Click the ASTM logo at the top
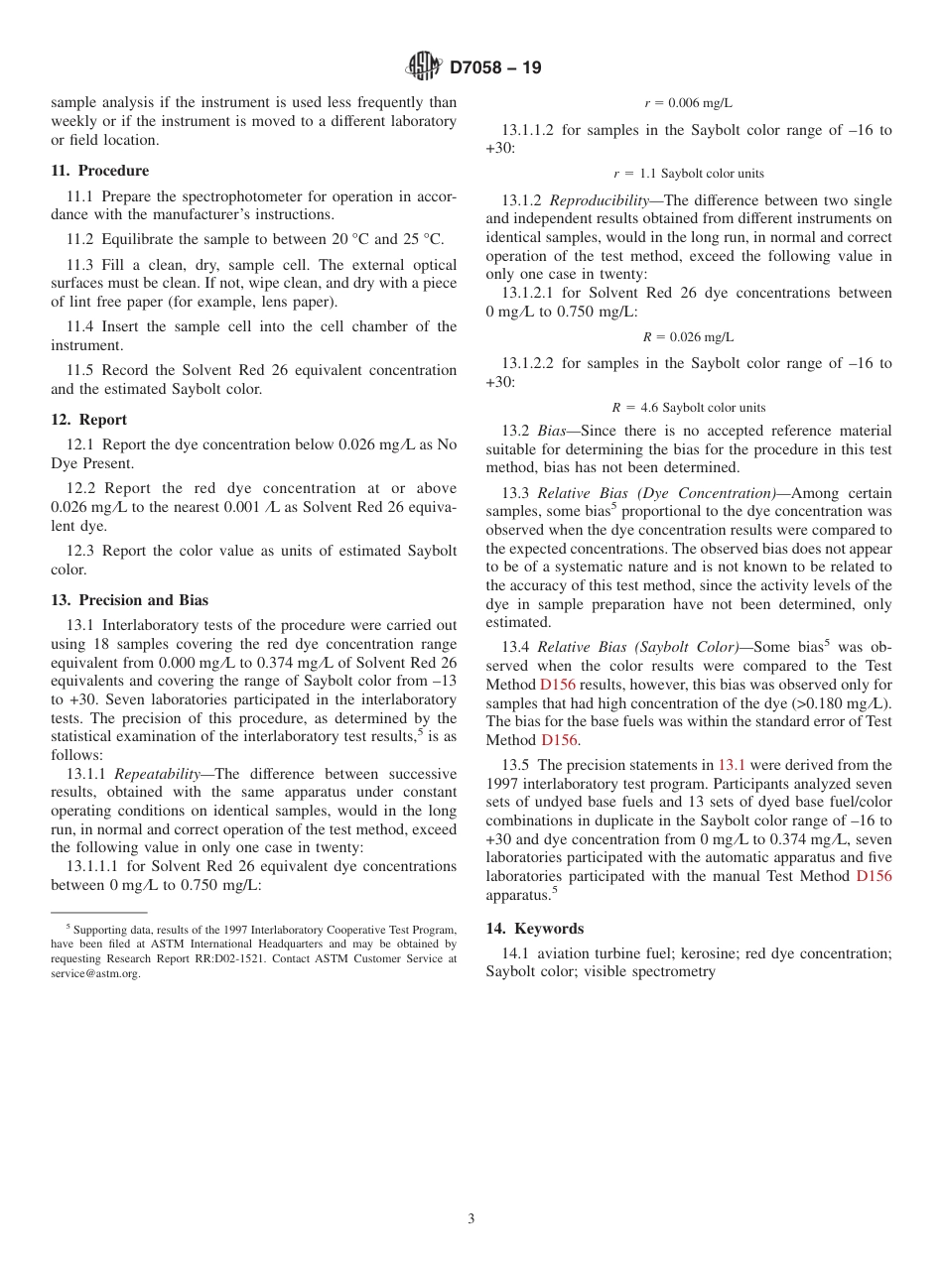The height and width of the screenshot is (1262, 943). pyautogui.click(x=423, y=66)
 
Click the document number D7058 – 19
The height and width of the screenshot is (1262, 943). pyautogui.click(x=495, y=68)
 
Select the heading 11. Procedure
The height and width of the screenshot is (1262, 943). pyautogui.click(x=100, y=171)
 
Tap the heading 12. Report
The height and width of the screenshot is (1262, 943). pyautogui.click(x=89, y=420)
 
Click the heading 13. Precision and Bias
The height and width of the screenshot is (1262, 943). pyautogui.click(x=130, y=600)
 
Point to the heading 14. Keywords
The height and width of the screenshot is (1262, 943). pyautogui.click(x=534, y=929)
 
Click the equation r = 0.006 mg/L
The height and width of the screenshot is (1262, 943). pyautogui.click(x=688, y=102)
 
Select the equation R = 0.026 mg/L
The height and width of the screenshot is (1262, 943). pyautogui.click(x=688, y=337)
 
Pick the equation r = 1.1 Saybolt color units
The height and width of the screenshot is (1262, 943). pyautogui.click(x=688, y=173)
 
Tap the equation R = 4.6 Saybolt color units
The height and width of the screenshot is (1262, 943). pyautogui.click(x=688, y=407)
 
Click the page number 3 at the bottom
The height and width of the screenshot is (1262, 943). pyautogui.click(x=471, y=1219)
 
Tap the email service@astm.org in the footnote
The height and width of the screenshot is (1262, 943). pyautogui.click(x=95, y=974)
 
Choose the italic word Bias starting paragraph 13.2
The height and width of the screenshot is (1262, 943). pyautogui.click(x=551, y=431)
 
